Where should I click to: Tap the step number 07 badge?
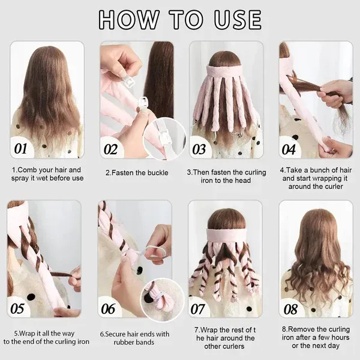point(200,309)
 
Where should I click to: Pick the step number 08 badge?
point(290,309)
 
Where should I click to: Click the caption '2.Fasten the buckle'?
point(136,173)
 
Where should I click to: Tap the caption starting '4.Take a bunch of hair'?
point(316,178)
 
